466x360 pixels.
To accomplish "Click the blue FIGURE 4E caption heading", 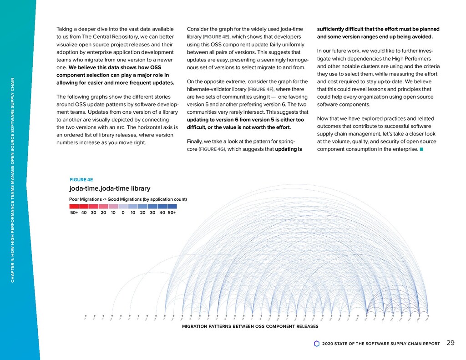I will click(x=81, y=179).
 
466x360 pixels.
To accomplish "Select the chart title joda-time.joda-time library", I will click(x=110, y=188).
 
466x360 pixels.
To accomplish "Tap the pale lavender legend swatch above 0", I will click(x=123, y=206).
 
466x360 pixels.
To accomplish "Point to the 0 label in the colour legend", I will click(x=123, y=213).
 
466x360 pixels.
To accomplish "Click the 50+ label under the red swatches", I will click(x=74, y=213).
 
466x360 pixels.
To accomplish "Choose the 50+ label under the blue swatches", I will click(x=172, y=213).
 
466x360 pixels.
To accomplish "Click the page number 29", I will click(x=451, y=343).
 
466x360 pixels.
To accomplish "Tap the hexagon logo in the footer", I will click(x=317, y=344).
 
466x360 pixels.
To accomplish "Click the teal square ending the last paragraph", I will click(x=422, y=148).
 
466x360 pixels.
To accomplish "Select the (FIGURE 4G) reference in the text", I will click(x=212, y=148).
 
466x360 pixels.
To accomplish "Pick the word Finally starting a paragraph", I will click(x=196, y=141).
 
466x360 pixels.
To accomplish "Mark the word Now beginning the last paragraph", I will click(x=324, y=118).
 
